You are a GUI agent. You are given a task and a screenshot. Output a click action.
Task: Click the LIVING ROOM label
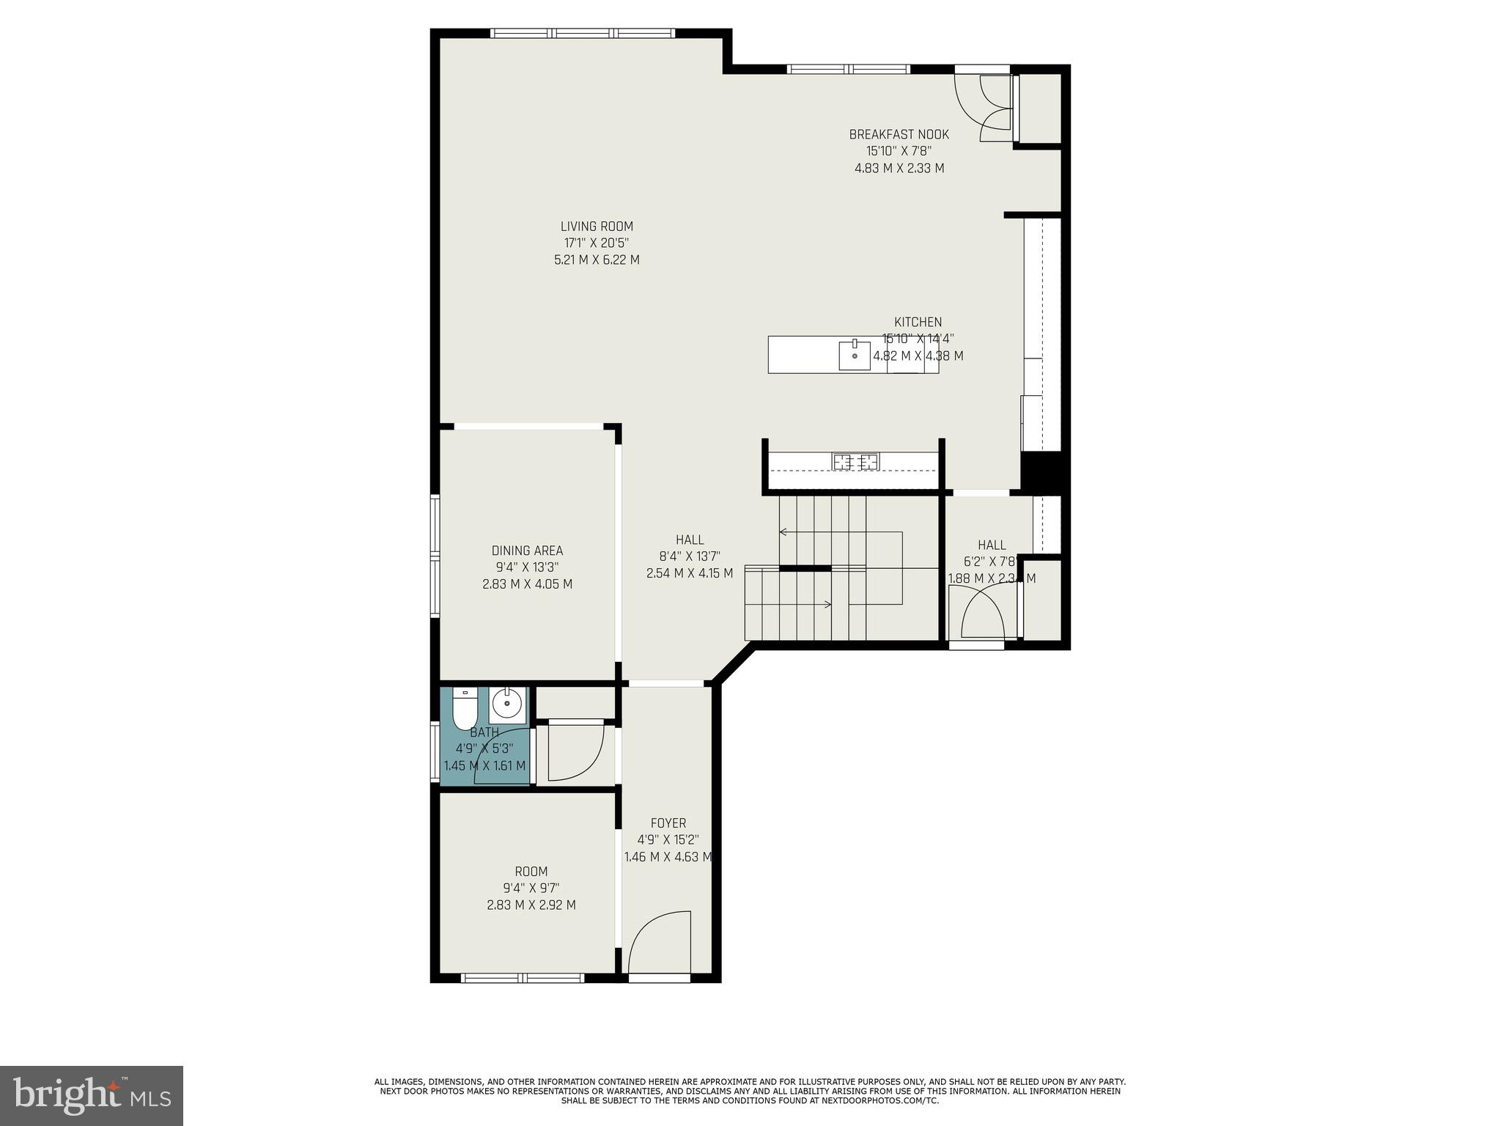[x=597, y=227]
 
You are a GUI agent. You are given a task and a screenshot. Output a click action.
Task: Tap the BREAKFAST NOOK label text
[x=899, y=135]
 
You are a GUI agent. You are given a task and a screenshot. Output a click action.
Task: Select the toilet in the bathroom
[x=464, y=708]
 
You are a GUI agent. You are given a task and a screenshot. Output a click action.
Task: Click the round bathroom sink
[x=506, y=705]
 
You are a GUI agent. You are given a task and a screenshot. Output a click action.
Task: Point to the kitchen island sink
[x=855, y=356]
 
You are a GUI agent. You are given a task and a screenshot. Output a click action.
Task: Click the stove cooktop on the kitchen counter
[x=855, y=462]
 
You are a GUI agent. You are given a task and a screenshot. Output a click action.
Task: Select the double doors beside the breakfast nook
[x=995, y=108]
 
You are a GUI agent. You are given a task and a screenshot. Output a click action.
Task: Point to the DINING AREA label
[x=527, y=551]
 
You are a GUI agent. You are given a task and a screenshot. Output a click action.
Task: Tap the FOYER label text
[x=668, y=823]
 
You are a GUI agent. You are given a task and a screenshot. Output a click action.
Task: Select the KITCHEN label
[x=918, y=322]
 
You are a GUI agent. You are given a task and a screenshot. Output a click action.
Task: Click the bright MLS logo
[x=91, y=1095]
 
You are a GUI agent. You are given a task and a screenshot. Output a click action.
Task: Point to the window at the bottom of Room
[x=523, y=978]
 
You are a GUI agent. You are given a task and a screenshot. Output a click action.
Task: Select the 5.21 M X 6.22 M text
[x=597, y=260]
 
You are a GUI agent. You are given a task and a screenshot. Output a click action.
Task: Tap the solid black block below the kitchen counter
[x=1041, y=471]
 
